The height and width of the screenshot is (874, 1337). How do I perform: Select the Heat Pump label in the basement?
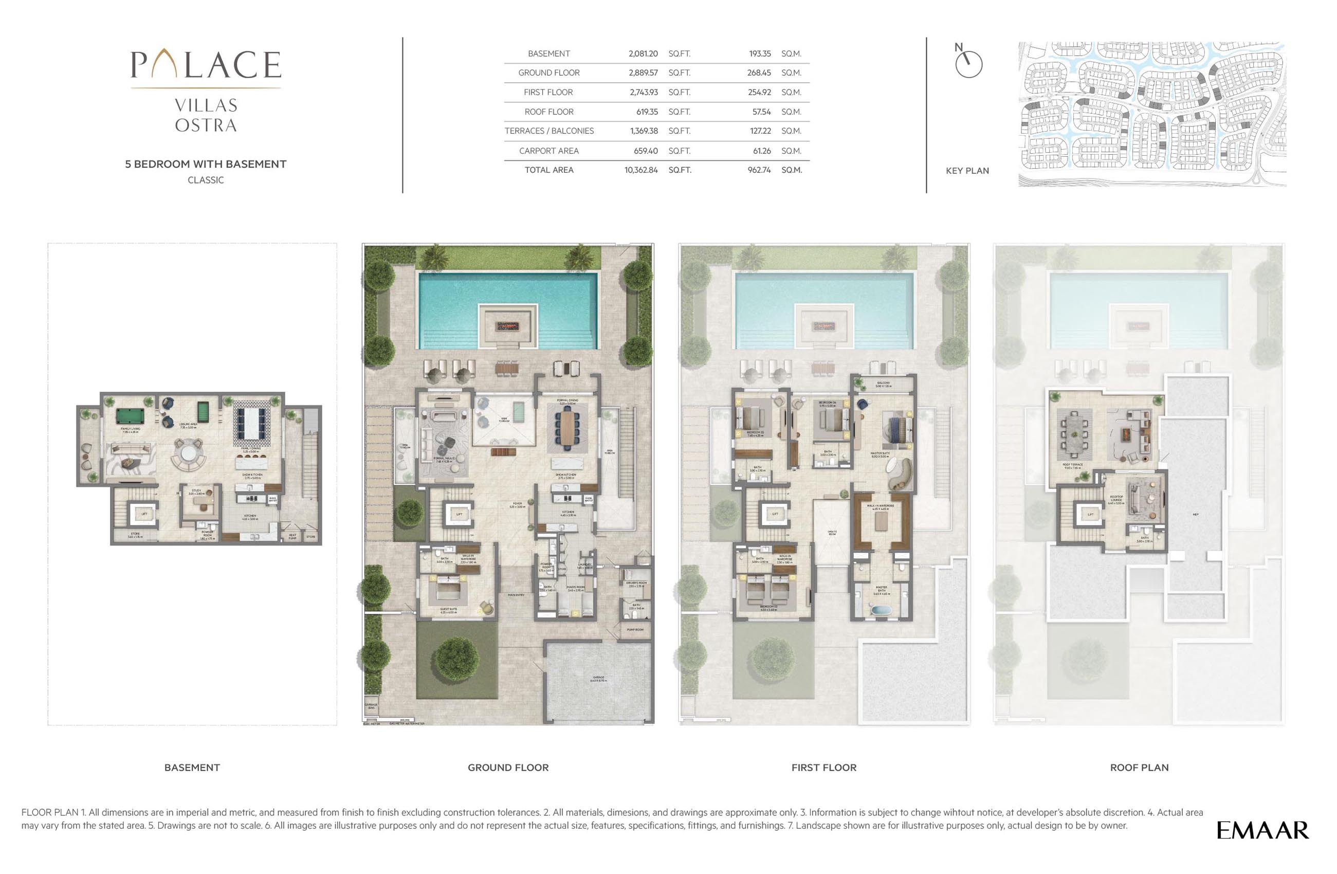[292, 536]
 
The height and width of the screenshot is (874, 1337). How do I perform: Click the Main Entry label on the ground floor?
[516, 595]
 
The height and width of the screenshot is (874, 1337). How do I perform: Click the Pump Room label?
[635, 630]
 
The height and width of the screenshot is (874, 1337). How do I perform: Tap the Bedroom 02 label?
[768, 608]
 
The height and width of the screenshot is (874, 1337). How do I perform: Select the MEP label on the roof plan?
[1196, 514]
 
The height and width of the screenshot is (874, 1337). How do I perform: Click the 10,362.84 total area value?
[641, 170]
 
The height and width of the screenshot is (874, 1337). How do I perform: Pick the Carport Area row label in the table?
[549, 151]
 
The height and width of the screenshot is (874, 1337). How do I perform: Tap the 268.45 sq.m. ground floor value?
[759, 73]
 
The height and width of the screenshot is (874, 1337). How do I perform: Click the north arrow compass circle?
[968, 65]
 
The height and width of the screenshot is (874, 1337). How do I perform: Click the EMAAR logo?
[1262, 830]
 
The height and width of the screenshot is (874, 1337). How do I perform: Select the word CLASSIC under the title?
[206, 180]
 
